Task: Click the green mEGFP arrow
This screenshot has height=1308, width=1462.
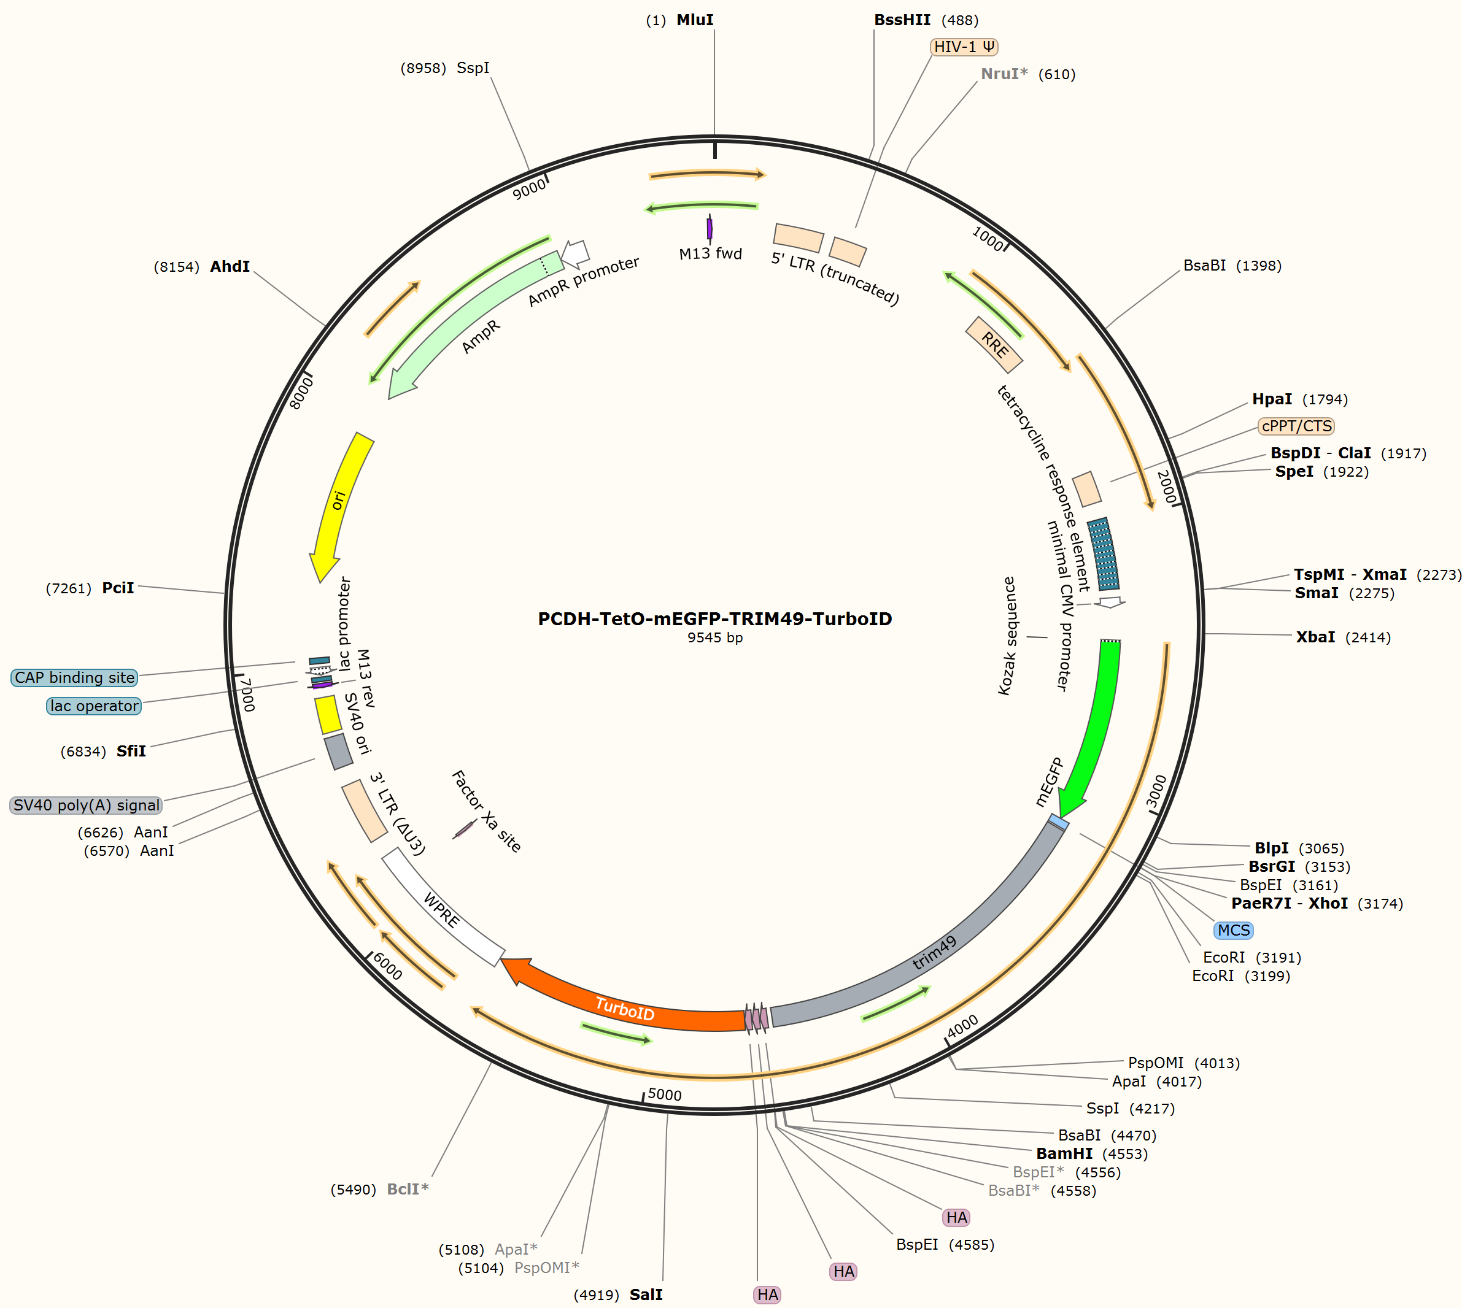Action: click(x=1097, y=726)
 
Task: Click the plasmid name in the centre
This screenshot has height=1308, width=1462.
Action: click(x=715, y=619)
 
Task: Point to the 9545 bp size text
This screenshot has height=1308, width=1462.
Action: click(x=715, y=637)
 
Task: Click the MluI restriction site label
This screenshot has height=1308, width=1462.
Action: click(x=679, y=20)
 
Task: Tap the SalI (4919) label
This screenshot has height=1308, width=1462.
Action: click(x=617, y=1295)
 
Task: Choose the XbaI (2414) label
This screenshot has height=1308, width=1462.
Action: click(x=1344, y=637)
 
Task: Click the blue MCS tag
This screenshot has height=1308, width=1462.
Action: click(x=1233, y=930)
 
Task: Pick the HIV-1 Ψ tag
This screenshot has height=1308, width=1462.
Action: click(x=964, y=47)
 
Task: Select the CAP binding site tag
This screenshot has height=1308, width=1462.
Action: click(x=74, y=678)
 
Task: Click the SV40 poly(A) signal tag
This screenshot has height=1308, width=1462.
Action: click(x=87, y=805)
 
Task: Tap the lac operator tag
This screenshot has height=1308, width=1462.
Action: click(x=93, y=706)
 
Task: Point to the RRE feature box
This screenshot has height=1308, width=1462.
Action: click(x=994, y=345)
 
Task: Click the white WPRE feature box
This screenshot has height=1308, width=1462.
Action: click(x=443, y=907)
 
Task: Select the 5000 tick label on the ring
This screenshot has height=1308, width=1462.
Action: click(x=665, y=1094)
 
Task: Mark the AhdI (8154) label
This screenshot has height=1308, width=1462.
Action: click(x=202, y=267)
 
